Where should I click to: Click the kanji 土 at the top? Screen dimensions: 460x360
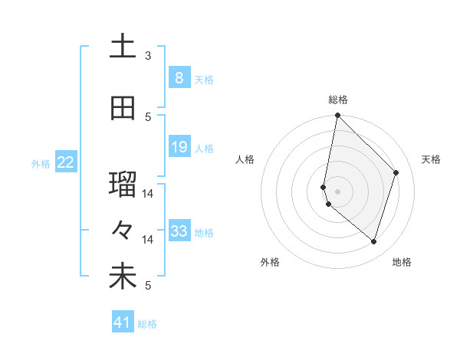[123, 47]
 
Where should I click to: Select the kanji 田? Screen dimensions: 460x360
[123, 108]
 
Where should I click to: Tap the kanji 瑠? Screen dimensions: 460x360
[123, 185]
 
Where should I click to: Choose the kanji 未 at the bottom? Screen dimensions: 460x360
[123, 278]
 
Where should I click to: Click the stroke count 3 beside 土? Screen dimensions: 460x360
[148, 56]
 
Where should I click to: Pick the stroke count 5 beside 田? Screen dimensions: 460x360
[148, 116]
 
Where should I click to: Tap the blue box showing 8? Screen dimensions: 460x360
[179, 77]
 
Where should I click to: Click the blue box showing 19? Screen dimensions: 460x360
[179, 147]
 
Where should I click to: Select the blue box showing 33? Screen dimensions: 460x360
[179, 231]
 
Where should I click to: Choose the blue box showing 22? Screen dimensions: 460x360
[66, 162]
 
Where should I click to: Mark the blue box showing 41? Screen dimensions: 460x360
[123, 322]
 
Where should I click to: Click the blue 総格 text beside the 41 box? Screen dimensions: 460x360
[147, 324]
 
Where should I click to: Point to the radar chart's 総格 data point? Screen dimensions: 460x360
[337, 115]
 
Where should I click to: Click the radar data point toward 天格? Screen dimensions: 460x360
[396, 172]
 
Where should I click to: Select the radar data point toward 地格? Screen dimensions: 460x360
[373, 241]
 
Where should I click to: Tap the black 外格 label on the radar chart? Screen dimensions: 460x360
[270, 262]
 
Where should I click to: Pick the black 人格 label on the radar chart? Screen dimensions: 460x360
[245, 159]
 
